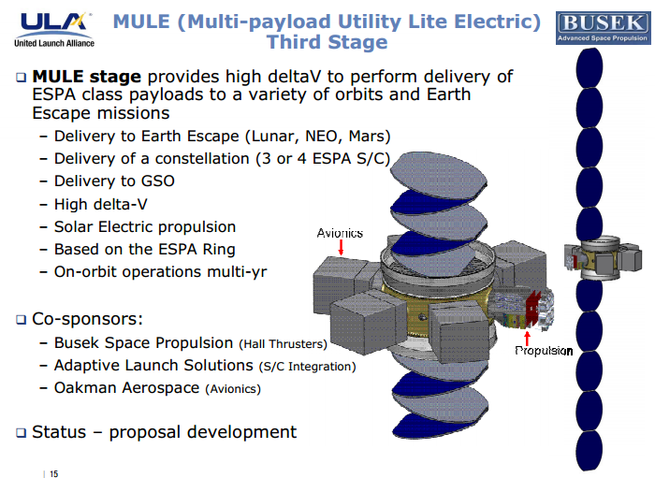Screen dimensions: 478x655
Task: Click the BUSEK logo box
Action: [602, 26]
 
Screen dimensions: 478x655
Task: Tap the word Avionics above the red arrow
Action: [340, 233]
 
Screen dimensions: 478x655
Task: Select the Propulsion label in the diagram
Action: [544, 351]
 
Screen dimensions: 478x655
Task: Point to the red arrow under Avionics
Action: [341, 248]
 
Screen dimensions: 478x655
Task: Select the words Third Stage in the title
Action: [327, 42]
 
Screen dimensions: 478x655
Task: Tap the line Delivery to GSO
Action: [113, 181]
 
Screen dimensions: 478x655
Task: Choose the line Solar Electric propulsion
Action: [144, 226]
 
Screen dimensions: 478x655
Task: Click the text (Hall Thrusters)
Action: [283, 343]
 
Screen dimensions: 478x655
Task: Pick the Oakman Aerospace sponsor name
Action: [125, 387]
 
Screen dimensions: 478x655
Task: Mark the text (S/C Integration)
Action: [307, 366]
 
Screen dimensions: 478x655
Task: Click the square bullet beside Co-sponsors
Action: [21, 320]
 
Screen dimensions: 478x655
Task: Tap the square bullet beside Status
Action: [21, 432]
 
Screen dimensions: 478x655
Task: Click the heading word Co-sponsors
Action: [89, 319]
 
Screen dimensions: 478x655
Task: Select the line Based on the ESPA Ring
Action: [144, 249]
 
